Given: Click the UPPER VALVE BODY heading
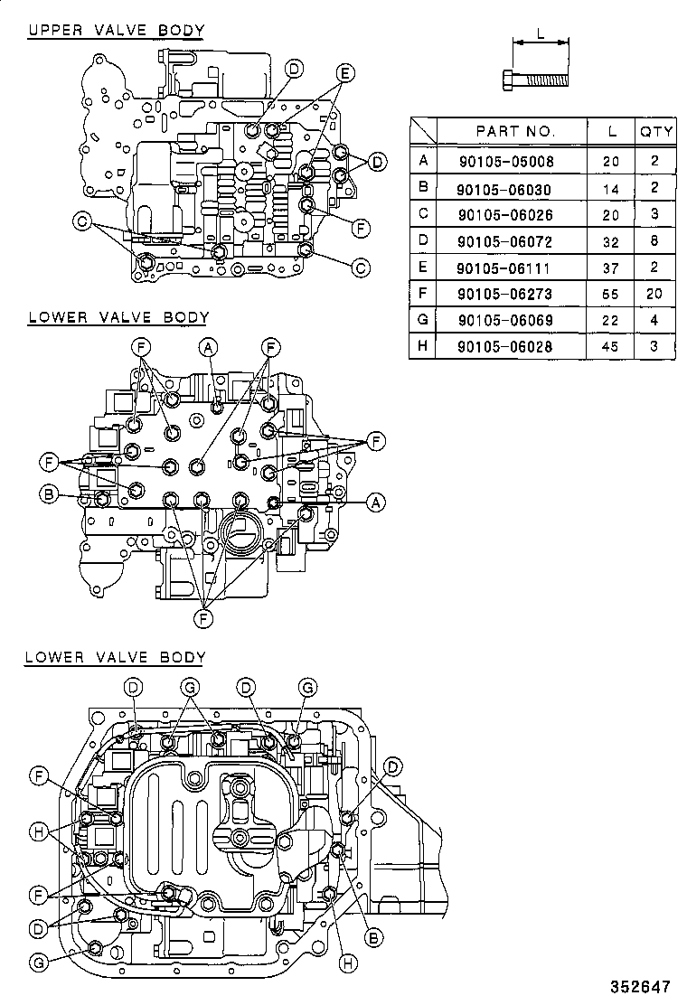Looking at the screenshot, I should [116, 30].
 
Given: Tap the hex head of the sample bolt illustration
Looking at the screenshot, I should [506, 80].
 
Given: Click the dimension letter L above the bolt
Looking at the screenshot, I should [540, 34].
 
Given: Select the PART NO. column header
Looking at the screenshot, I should [515, 131].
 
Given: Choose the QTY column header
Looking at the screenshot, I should [656, 131].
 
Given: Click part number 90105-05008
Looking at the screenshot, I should [504, 162].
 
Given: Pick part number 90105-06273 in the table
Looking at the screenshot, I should [504, 294].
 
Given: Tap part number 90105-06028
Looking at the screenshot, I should [504, 346].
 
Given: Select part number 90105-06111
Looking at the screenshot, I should [504, 268].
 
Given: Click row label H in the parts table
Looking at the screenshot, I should [422, 346].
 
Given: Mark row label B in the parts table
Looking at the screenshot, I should [422, 188].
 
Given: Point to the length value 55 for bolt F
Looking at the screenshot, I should [612, 294].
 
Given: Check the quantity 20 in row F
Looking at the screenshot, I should [656, 294].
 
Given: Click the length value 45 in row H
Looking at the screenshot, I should [612, 346].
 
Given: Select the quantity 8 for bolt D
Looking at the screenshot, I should [656, 241].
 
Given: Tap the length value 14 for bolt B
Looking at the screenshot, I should [612, 188].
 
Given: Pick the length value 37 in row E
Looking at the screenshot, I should [612, 268].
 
